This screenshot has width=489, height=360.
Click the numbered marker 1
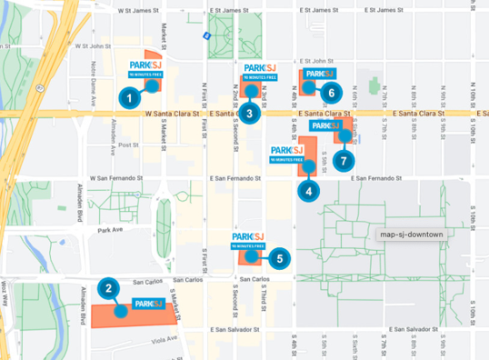(x=130, y=95)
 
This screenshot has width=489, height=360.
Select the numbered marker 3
(x=249, y=114)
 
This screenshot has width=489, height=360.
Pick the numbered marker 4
(x=310, y=191)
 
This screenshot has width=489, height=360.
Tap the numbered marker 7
(x=342, y=160)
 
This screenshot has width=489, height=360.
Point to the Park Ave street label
(x=113, y=230)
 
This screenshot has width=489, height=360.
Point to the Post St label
(x=129, y=144)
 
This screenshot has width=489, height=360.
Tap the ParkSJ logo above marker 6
(x=319, y=74)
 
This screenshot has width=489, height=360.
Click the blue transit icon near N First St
(x=207, y=35)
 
